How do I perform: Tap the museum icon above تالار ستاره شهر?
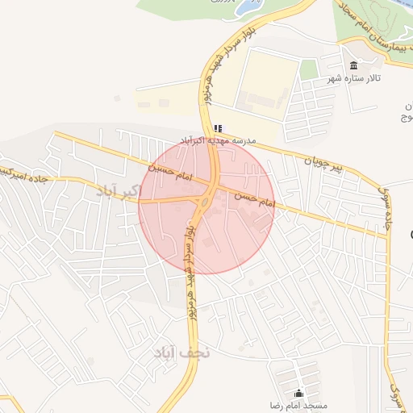pyautogui.click(x=353, y=65)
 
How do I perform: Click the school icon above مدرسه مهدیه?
pyautogui.click(x=218, y=127)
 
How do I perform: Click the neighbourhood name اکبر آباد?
pyautogui.click(x=118, y=191)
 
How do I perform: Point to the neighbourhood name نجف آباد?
pyautogui.click(x=181, y=352)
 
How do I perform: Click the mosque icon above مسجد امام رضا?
pyautogui.click(x=299, y=393)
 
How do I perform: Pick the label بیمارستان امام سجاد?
pyautogui.click(x=372, y=31)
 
